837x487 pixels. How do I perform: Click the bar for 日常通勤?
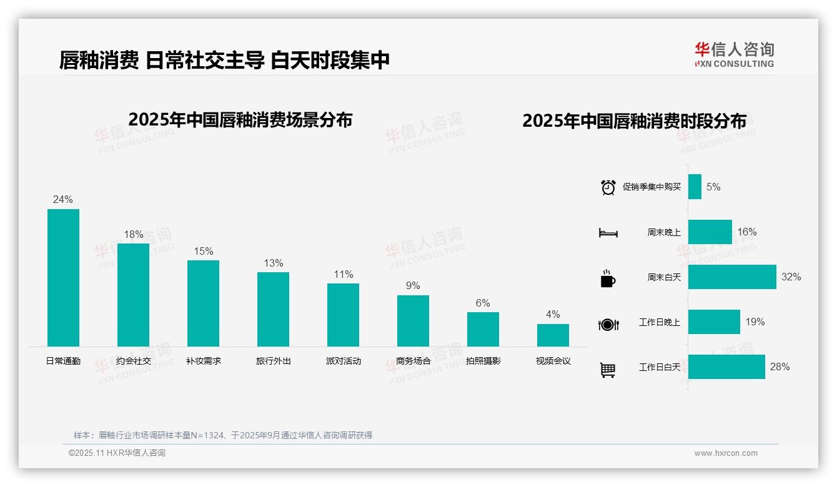click(x=63, y=278)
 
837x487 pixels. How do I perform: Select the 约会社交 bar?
click(x=133, y=295)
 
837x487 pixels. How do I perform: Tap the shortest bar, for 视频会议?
click(x=553, y=335)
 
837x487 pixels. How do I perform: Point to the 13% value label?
click(x=273, y=263)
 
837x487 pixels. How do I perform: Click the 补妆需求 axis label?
click(x=203, y=361)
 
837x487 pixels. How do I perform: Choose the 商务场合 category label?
click(x=413, y=361)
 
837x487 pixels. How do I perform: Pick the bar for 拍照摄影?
click(x=483, y=329)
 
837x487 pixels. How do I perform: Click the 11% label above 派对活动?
click(x=343, y=275)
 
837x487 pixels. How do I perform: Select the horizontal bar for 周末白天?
click(x=731, y=277)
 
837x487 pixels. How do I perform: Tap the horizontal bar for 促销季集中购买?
click(x=695, y=187)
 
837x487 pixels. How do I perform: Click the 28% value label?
click(x=780, y=367)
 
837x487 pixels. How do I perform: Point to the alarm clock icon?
click(x=608, y=187)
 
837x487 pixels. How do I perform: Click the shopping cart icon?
click(x=608, y=370)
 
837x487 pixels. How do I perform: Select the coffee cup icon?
click(x=607, y=278)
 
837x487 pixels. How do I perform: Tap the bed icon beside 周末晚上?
click(x=608, y=233)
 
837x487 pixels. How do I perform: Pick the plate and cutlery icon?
click(x=608, y=325)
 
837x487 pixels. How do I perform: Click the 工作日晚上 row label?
click(x=659, y=322)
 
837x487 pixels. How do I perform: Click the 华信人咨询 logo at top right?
click(x=734, y=54)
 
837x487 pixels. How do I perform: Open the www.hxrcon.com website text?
click(x=725, y=453)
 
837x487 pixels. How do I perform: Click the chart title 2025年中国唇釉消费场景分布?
click(x=240, y=120)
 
